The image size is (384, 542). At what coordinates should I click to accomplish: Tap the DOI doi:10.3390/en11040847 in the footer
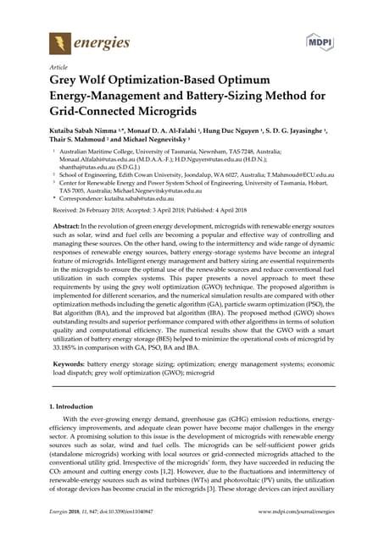click(x=136, y=534)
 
